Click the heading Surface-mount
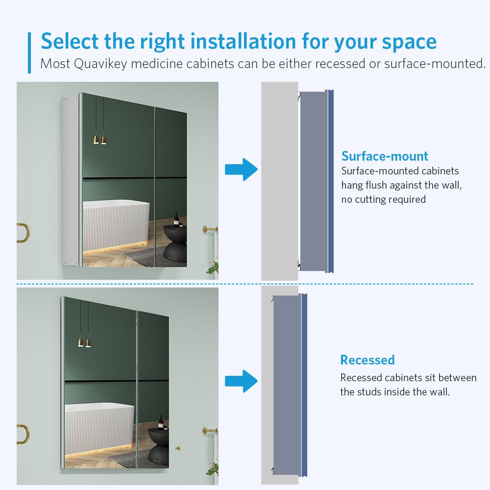coord(385,156)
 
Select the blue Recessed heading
coord(367,360)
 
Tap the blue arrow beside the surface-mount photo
coord(241,170)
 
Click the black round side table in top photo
coord(174,243)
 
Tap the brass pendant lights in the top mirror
coord(100,140)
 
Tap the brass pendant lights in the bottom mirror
coord(85,343)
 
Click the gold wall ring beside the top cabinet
coord(22,233)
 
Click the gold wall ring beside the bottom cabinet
coord(22,434)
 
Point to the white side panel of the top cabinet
coord(70,181)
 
